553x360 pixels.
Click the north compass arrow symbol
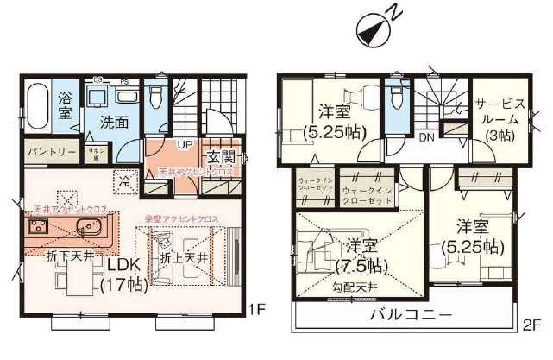tap(372, 30)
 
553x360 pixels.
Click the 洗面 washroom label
tap(112, 122)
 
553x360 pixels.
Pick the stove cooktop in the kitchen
tap(38, 229)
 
